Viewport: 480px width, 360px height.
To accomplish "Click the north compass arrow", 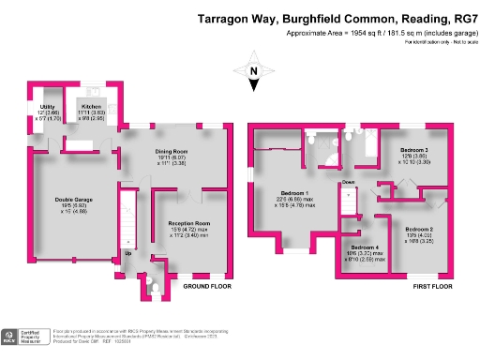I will [253, 83].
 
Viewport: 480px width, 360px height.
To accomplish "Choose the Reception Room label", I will [188, 222].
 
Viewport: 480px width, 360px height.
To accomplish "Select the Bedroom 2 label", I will [419, 229].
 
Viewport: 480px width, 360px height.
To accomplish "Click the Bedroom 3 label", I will [415, 150].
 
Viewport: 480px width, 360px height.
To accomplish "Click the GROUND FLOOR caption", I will [206, 285].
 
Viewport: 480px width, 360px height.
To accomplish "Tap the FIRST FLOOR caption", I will [432, 285].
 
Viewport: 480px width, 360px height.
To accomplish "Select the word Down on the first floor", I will [348, 182].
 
